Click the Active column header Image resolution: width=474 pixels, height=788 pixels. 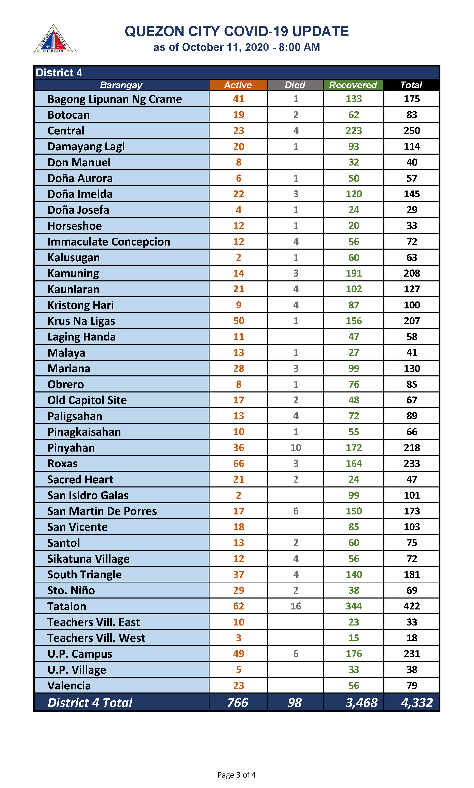pos(238,85)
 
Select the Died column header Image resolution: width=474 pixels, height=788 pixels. pos(295,85)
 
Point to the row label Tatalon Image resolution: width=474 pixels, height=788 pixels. pos(67,606)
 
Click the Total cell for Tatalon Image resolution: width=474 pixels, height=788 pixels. pos(411,606)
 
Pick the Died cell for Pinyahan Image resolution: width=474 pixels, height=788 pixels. pos(296,447)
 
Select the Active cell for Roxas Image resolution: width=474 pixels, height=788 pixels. pos(238,463)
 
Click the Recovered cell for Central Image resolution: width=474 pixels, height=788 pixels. pos(354,130)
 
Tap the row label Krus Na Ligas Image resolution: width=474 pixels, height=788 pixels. pos(81,321)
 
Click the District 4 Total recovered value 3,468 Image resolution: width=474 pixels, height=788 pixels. pos(361,703)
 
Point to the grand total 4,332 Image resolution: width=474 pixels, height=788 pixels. pos(416,703)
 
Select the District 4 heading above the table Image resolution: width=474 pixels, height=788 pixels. pos(59,73)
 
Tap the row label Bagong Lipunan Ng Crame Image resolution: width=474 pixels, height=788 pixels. pos(115,99)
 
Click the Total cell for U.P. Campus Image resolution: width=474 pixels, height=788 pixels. pos(411,654)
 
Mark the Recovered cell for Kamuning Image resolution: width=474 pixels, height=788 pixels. pos(354,273)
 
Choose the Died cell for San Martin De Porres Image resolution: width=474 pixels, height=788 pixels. pos(296,511)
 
